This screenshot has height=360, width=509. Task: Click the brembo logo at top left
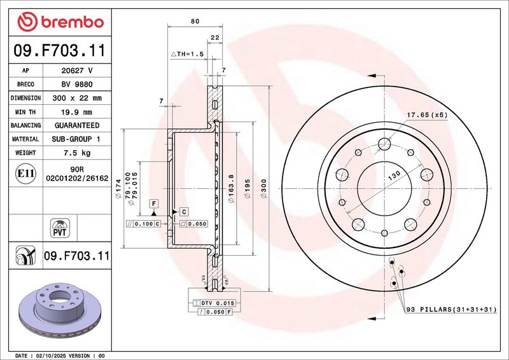click(x=60, y=22)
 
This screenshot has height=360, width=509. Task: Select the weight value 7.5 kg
click(x=77, y=153)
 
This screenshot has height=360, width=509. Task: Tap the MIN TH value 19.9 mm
click(x=76, y=113)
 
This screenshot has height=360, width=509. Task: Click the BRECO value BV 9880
click(x=77, y=85)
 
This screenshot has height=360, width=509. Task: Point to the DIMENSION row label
click(x=25, y=98)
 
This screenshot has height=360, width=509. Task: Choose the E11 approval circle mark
click(x=25, y=174)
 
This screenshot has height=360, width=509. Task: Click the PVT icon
click(x=60, y=228)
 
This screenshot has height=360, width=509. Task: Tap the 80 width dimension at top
click(x=195, y=22)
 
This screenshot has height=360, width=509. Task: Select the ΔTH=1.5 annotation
click(x=187, y=54)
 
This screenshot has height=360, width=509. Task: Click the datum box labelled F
click(x=154, y=204)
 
